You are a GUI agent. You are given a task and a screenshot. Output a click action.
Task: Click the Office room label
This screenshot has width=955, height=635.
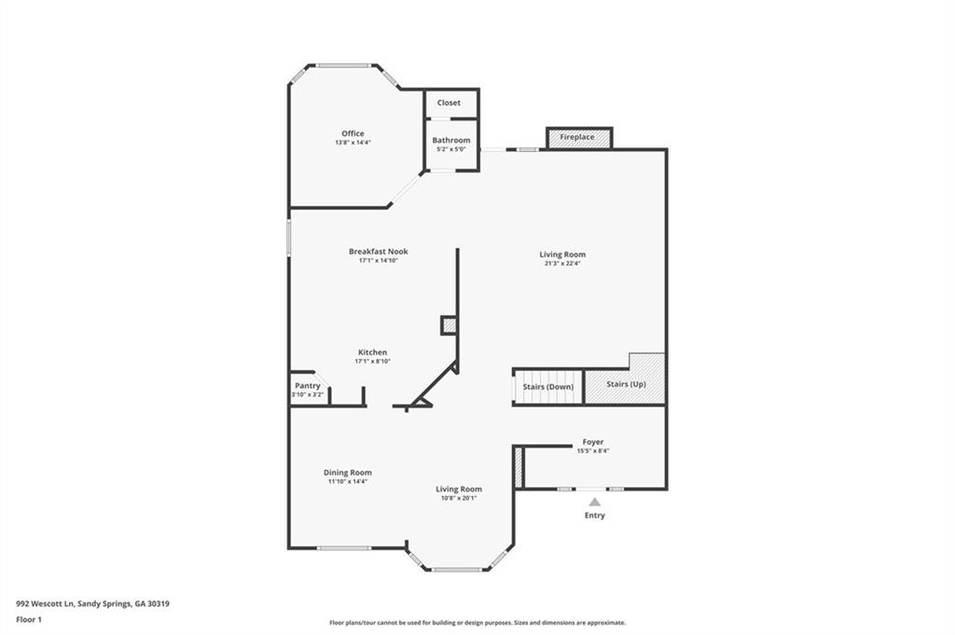pyautogui.click(x=353, y=133)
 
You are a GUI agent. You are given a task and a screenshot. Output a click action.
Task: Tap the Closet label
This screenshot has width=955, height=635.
pyautogui.click(x=449, y=103)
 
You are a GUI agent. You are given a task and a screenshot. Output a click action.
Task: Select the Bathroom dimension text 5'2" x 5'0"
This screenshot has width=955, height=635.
pyautogui.click(x=451, y=149)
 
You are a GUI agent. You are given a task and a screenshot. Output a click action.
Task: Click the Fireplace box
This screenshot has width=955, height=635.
pyautogui.click(x=578, y=138)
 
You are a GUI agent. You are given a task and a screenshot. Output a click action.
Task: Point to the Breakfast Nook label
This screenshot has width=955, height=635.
pyautogui.click(x=379, y=252)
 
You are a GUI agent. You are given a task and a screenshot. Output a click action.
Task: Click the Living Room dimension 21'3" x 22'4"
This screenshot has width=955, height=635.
pyautogui.click(x=562, y=264)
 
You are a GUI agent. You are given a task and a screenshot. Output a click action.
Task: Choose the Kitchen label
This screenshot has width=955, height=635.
pyautogui.click(x=372, y=352)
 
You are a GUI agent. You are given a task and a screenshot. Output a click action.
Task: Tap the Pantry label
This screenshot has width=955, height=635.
pyautogui.click(x=308, y=386)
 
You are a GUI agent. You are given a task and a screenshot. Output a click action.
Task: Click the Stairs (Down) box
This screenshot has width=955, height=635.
pyautogui.click(x=547, y=387)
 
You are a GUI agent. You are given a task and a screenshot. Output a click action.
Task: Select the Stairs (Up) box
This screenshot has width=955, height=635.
pyautogui.click(x=626, y=384)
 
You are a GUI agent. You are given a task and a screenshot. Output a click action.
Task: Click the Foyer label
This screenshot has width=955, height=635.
pyautogui.click(x=593, y=442)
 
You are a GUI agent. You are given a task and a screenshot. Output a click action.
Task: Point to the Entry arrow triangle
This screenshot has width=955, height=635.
pyautogui.click(x=594, y=502)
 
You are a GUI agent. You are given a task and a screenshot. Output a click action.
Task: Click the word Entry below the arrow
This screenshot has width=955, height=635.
pyautogui.click(x=594, y=516)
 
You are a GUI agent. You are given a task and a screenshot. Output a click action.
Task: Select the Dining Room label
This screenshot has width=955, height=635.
pyautogui.click(x=348, y=473)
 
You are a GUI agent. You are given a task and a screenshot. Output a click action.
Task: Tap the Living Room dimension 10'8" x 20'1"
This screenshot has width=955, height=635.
pyautogui.click(x=459, y=498)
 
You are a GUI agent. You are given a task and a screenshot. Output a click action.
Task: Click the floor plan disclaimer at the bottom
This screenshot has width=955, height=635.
pyautogui.click(x=477, y=623)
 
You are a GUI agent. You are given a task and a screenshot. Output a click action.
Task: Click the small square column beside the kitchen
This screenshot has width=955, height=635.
pyautogui.click(x=449, y=324)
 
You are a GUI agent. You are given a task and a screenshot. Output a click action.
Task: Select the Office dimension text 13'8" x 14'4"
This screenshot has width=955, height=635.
pyautogui.click(x=353, y=143)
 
